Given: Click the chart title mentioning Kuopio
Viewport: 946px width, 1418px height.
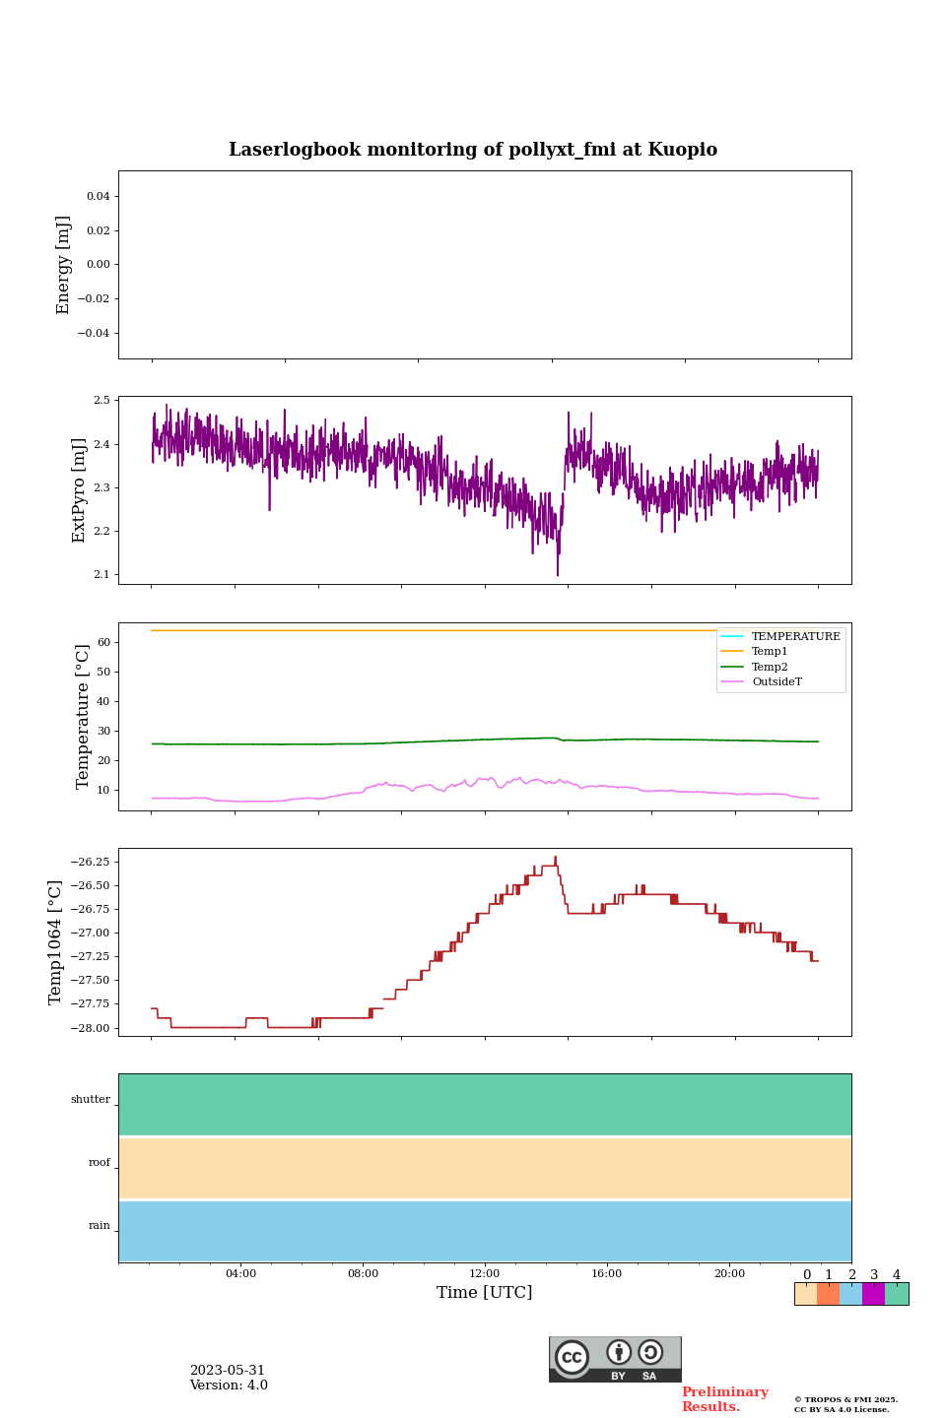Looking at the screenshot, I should click(x=473, y=150).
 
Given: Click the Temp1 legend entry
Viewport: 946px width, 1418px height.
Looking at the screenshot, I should click(x=770, y=652).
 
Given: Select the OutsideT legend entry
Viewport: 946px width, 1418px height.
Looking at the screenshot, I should click(x=777, y=682).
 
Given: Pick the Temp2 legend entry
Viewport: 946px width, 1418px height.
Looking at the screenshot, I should click(x=770, y=668).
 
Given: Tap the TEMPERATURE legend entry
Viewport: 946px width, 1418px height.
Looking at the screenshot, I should click(x=795, y=637).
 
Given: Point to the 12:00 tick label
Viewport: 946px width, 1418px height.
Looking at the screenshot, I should click(x=485, y=1274).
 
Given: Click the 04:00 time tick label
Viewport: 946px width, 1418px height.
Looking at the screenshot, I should click(x=240, y=1274).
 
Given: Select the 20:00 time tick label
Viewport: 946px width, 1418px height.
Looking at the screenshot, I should click(x=729, y=1274).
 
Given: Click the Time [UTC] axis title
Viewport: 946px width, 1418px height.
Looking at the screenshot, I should click(x=485, y=1293).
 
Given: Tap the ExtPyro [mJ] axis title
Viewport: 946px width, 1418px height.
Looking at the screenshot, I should click(x=79, y=490).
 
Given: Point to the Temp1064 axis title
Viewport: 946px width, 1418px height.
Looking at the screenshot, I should click(x=55, y=942).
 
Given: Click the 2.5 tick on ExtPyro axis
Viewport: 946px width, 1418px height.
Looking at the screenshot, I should click(x=101, y=401).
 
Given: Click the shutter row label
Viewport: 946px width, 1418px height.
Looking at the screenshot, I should click(x=91, y=1100).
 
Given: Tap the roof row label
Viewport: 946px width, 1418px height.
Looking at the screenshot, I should click(x=100, y=1163).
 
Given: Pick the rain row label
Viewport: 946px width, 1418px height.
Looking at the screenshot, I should click(x=100, y=1226).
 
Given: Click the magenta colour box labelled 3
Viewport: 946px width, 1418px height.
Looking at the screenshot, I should click(x=873, y=1294).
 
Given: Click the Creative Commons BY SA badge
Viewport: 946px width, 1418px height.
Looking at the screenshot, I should click(x=615, y=1359).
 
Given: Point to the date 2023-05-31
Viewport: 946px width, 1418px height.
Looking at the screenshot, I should click(x=228, y=1371).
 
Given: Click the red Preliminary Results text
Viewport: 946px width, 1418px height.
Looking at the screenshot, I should click(x=724, y=1399).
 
